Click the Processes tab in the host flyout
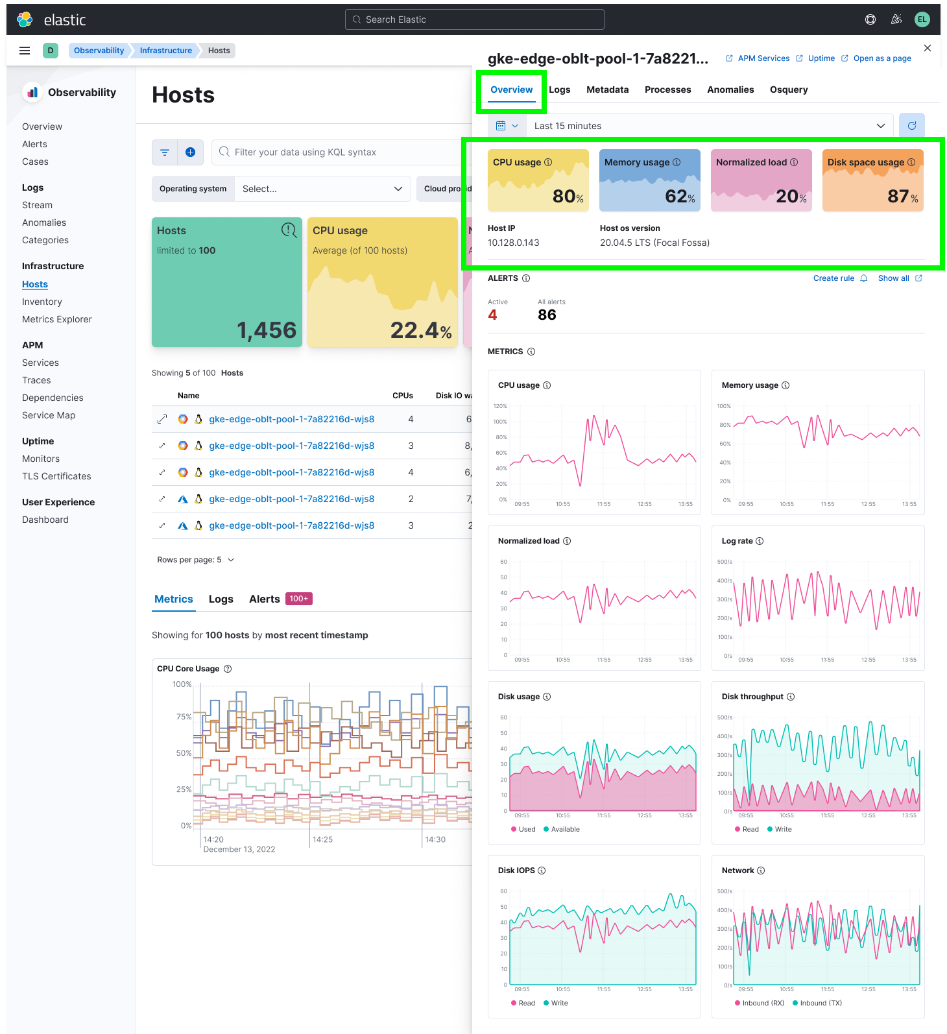click(667, 90)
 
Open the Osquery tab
click(788, 90)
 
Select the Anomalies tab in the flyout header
click(730, 90)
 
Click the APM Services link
click(763, 58)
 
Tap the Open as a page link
click(881, 58)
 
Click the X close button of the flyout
click(928, 48)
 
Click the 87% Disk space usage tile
click(872, 180)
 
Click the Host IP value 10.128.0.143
click(513, 243)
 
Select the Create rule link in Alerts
click(833, 278)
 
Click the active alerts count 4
click(492, 315)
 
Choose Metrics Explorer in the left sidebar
click(57, 319)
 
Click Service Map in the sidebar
click(49, 415)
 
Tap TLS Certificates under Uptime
click(56, 476)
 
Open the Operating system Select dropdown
click(322, 189)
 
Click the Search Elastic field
click(475, 19)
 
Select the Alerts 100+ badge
click(299, 599)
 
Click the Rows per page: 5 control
click(195, 560)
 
